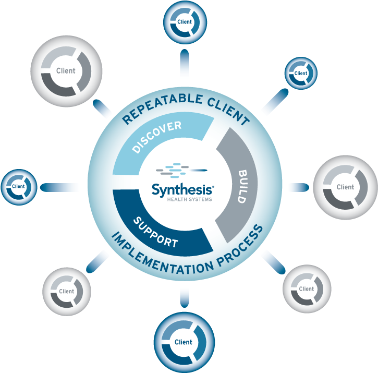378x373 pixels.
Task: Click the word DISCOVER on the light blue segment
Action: pos(157,137)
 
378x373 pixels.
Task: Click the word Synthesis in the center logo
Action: pos(182,189)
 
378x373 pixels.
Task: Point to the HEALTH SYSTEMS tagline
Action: pos(190,199)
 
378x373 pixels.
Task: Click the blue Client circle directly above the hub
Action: pos(185,22)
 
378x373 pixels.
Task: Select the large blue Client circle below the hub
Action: pos(184,342)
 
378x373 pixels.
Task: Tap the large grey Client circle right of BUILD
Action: pos(345,187)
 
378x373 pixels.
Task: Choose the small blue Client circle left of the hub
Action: pos(18,186)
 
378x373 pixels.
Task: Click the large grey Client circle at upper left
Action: pos(66,70)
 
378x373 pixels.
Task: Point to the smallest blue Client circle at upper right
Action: pos(301,73)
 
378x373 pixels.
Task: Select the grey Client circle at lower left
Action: pos(66,291)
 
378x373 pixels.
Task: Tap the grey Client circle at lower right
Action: pos(307,288)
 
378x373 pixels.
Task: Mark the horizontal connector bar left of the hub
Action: pos(61,187)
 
